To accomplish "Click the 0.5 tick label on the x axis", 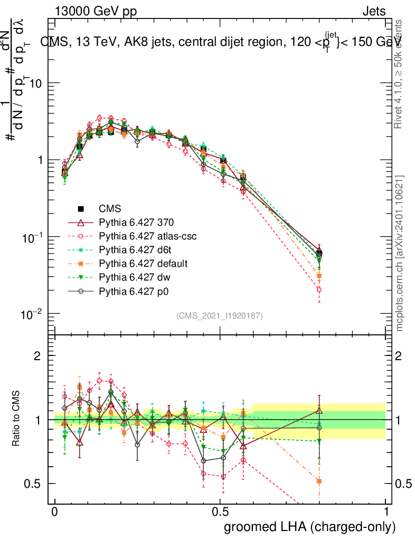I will coord(220,512).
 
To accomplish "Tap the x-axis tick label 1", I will coord(386,512).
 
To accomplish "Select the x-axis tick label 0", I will coord(55,512).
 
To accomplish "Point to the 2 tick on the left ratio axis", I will coord(37,356).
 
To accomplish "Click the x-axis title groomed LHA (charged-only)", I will coord(310,527).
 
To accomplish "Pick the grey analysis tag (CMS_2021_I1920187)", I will coord(220,315).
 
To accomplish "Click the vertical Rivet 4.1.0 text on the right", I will coord(399,74).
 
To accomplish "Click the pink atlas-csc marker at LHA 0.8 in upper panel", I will coord(319,290).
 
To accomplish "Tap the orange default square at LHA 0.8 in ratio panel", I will coord(319,481).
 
